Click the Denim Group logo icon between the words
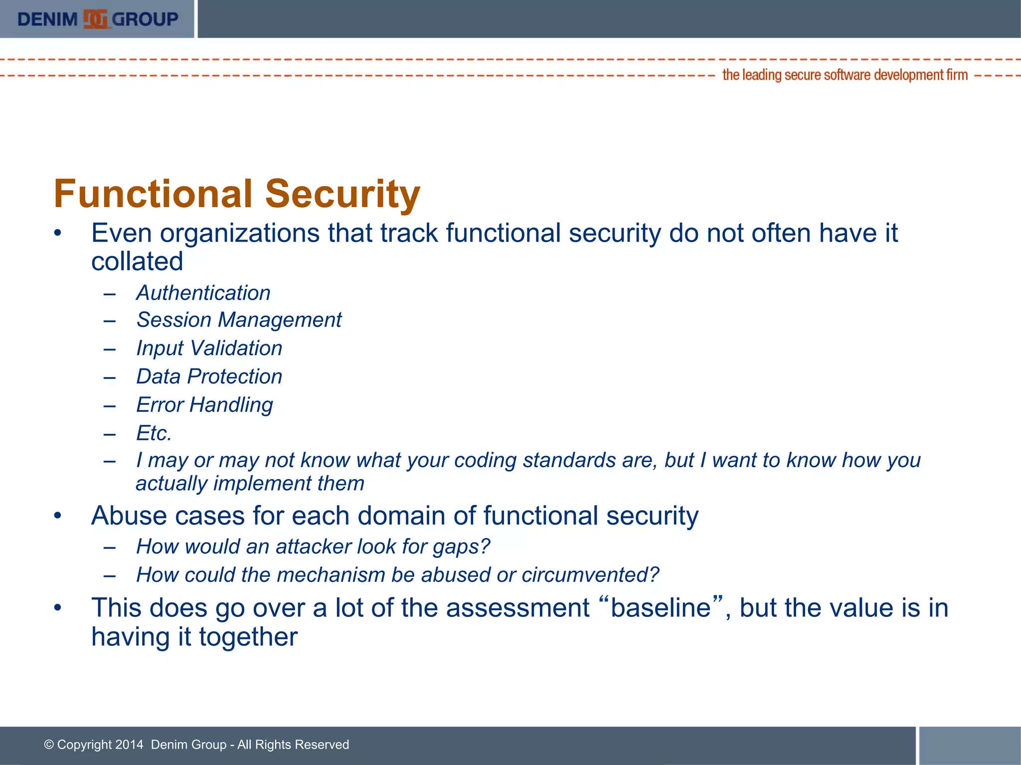[x=95, y=19]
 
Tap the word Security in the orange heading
[x=342, y=194]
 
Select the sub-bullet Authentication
[x=203, y=293]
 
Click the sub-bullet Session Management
[x=239, y=320]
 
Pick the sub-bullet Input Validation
[x=209, y=348]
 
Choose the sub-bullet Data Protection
[x=209, y=377]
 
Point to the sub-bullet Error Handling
[x=204, y=405]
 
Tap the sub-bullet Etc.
[x=154, y=433]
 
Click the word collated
[x=137, y=261]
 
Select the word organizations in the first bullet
[x=239, y=234]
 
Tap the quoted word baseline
[x=661, y=608]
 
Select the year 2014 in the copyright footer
[x=129, y=745]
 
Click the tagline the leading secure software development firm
[x=845, y=75]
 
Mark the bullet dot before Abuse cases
[x=58, y=515]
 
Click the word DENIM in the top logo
[x=47, y=19]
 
